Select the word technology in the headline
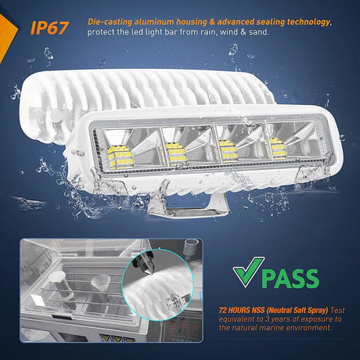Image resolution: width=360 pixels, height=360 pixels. click(x=304, y=23)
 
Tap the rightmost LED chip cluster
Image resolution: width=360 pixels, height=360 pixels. click(x=278, y=146)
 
